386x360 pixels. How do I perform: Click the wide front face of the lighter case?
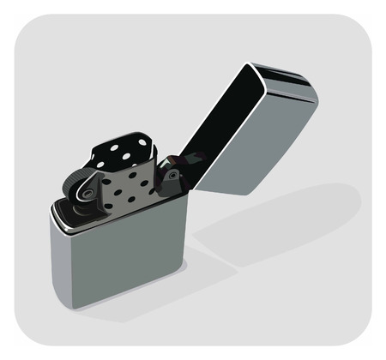coord(129,266)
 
